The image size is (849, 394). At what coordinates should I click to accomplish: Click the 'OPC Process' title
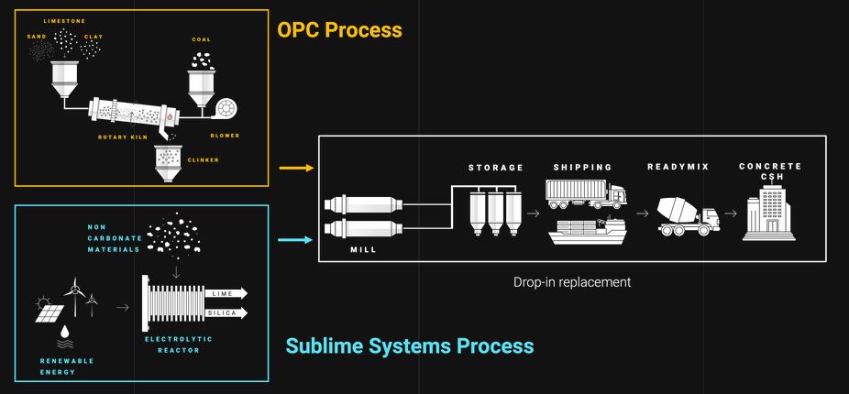339,30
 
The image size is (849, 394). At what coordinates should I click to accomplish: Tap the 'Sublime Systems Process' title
409,346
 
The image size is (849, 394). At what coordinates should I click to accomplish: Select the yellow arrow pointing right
295,169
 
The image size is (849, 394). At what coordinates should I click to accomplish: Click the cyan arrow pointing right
295,242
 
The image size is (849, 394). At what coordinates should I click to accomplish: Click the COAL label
202,39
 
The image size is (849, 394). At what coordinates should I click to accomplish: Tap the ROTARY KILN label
123,137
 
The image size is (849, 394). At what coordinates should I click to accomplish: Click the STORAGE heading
495,168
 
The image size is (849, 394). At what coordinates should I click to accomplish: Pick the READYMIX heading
679,167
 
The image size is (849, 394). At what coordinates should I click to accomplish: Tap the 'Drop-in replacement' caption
572,282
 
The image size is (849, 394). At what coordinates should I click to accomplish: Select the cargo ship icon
585,230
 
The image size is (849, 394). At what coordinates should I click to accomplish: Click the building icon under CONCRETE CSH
768,212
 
